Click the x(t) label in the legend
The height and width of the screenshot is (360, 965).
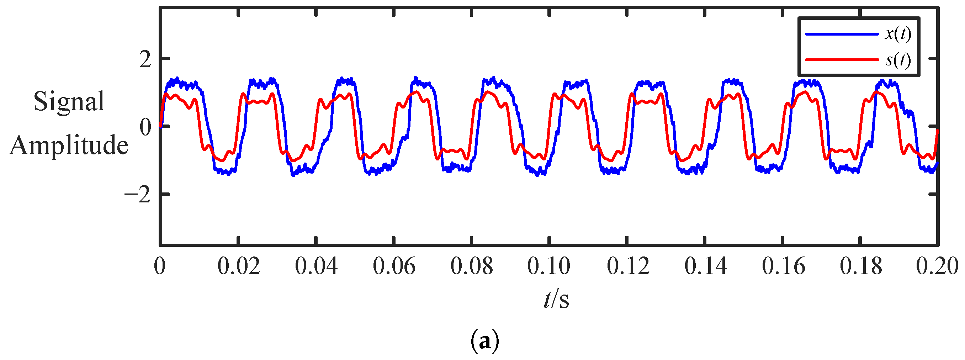click(897, 35)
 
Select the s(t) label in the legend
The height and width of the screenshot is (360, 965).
click(897, 60)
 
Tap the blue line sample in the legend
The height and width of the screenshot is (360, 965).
click(841, 35)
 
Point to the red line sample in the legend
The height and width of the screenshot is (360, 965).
click(841, 59)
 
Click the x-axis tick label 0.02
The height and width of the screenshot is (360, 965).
click(239, 267)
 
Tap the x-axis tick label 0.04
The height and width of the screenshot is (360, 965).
click(316, 267)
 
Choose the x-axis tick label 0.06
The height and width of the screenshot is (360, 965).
click(394, 267)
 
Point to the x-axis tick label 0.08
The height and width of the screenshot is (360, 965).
click(472, 267)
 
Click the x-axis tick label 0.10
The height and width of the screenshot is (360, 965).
click(549, 267)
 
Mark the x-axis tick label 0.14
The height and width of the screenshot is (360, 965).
click(706, 267)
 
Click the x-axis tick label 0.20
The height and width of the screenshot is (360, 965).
click(937, 267)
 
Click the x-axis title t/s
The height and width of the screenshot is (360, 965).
click(556, 300)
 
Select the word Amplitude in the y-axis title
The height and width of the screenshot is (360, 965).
click(69, 145)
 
